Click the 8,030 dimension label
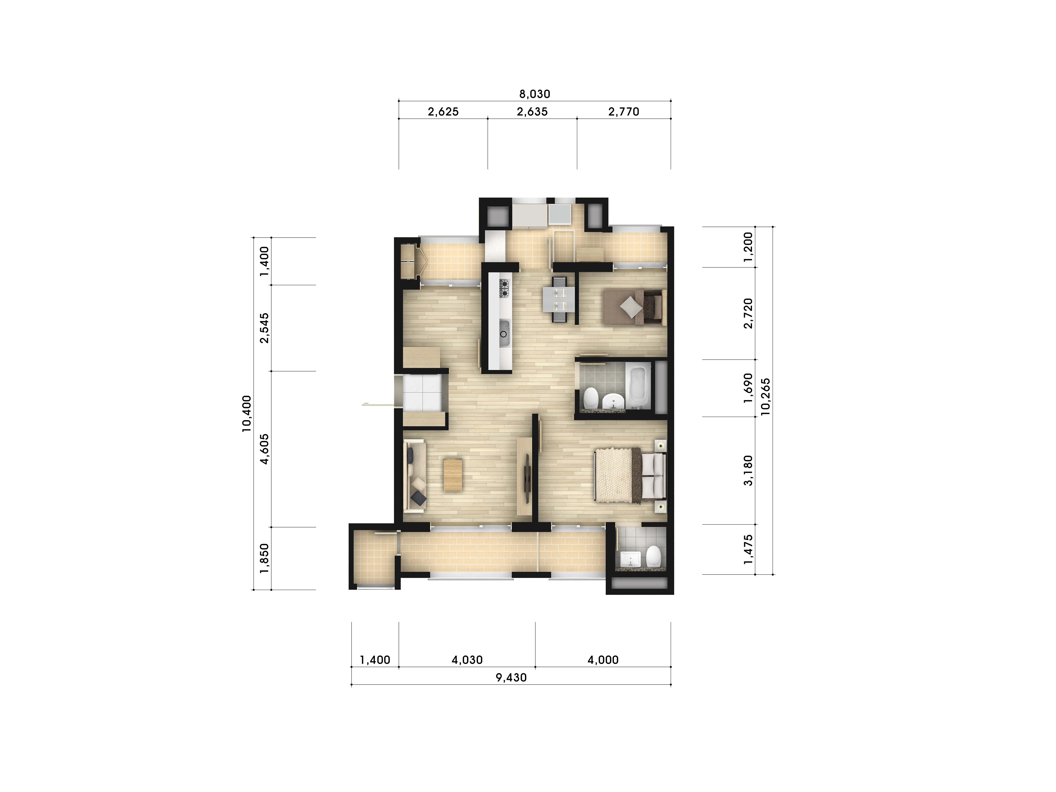[535, 94]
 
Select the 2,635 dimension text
[532, 112]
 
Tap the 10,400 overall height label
[246, 413]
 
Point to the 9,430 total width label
[511, 677]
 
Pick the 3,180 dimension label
[748, 470]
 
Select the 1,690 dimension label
[748, 388]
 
